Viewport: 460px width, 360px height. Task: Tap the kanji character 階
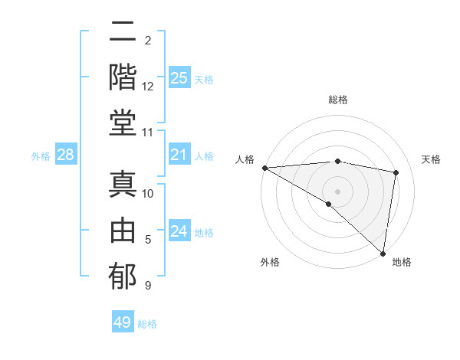point(123,77)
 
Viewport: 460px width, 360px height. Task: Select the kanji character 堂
point(123,123)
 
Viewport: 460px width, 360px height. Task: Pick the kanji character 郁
point(123,275)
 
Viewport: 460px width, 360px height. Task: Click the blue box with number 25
point(179,78)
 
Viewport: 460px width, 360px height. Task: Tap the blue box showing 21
point(179,155)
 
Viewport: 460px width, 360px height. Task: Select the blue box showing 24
point(179,231)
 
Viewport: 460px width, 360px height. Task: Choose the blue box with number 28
point(66,155)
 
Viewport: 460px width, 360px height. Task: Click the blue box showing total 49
point(123,322)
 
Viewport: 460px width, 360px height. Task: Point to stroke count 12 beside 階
point(148,87)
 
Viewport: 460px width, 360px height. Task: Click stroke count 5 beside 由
point(148,240)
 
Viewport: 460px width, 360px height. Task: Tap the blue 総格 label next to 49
point(148,324)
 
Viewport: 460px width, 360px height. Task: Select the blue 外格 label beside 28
point(41,156)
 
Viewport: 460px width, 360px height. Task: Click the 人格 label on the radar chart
point(246,159)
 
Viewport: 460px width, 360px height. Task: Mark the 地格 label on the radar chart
point(402,263)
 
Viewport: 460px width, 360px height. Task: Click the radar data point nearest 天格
point(396,172)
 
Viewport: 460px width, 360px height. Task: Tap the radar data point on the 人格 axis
point(264,168)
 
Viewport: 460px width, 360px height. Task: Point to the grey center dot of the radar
point(337,191)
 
